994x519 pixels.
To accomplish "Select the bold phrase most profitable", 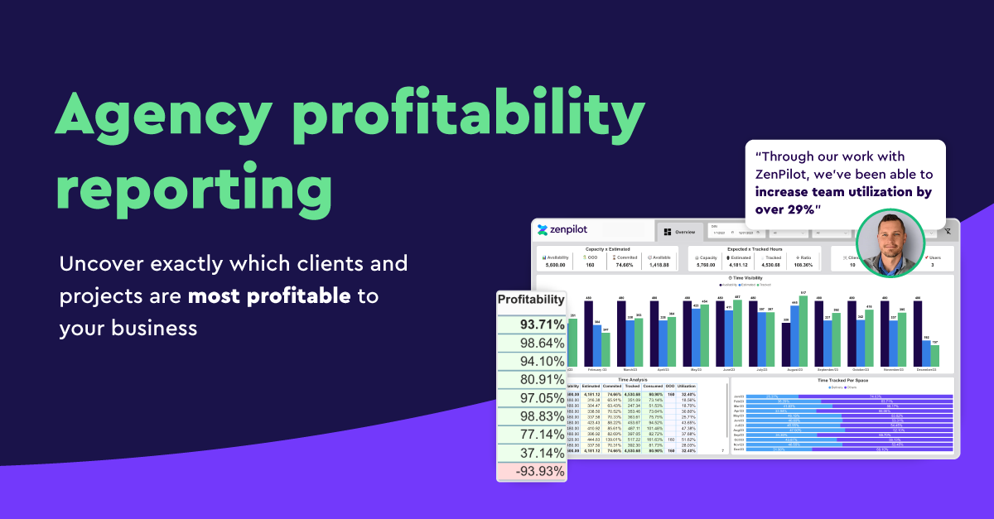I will (x=269, y=296).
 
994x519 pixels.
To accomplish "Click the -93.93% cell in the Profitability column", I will (x=531, y=471).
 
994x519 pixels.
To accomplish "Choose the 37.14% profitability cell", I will (x=531, y=453).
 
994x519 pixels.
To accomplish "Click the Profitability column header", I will (x=531, y=300).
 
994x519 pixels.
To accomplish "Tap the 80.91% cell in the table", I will (x=531, y=379).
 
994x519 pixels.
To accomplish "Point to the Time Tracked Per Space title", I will (x=842, y=380).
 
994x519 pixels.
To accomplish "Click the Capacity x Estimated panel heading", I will (x=607, y=248).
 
